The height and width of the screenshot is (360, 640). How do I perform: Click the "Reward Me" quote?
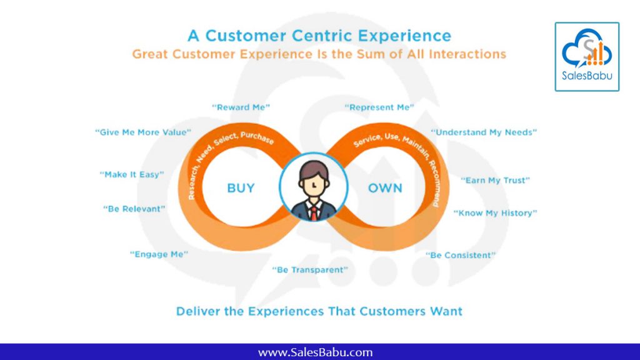pos(241,107)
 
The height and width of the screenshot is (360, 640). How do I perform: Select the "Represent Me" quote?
pos(379,107)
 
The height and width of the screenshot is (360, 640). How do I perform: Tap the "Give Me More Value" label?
pos(143,132)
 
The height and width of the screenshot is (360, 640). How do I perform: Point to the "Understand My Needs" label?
pos(484,132)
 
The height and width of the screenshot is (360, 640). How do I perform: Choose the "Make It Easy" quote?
pos(132,175)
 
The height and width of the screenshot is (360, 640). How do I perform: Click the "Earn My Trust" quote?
pos(495,181)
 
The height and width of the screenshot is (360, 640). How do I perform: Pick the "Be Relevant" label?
pos(134,209)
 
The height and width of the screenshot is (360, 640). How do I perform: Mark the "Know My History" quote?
pos(495,213)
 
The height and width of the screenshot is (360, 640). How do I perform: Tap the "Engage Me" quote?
pos(159,254)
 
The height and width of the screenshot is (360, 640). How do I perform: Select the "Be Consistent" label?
pos(461,256)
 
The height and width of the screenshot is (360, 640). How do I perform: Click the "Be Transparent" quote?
pos(310,270)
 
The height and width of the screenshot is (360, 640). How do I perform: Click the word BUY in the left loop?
pos(241,188)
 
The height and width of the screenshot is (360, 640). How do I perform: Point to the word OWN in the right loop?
pos(385,188)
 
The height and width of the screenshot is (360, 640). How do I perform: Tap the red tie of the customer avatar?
pos(314,212)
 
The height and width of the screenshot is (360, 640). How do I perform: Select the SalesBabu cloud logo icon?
pos(587,49)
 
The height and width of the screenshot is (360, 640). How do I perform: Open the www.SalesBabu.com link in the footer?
pos(315,352)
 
